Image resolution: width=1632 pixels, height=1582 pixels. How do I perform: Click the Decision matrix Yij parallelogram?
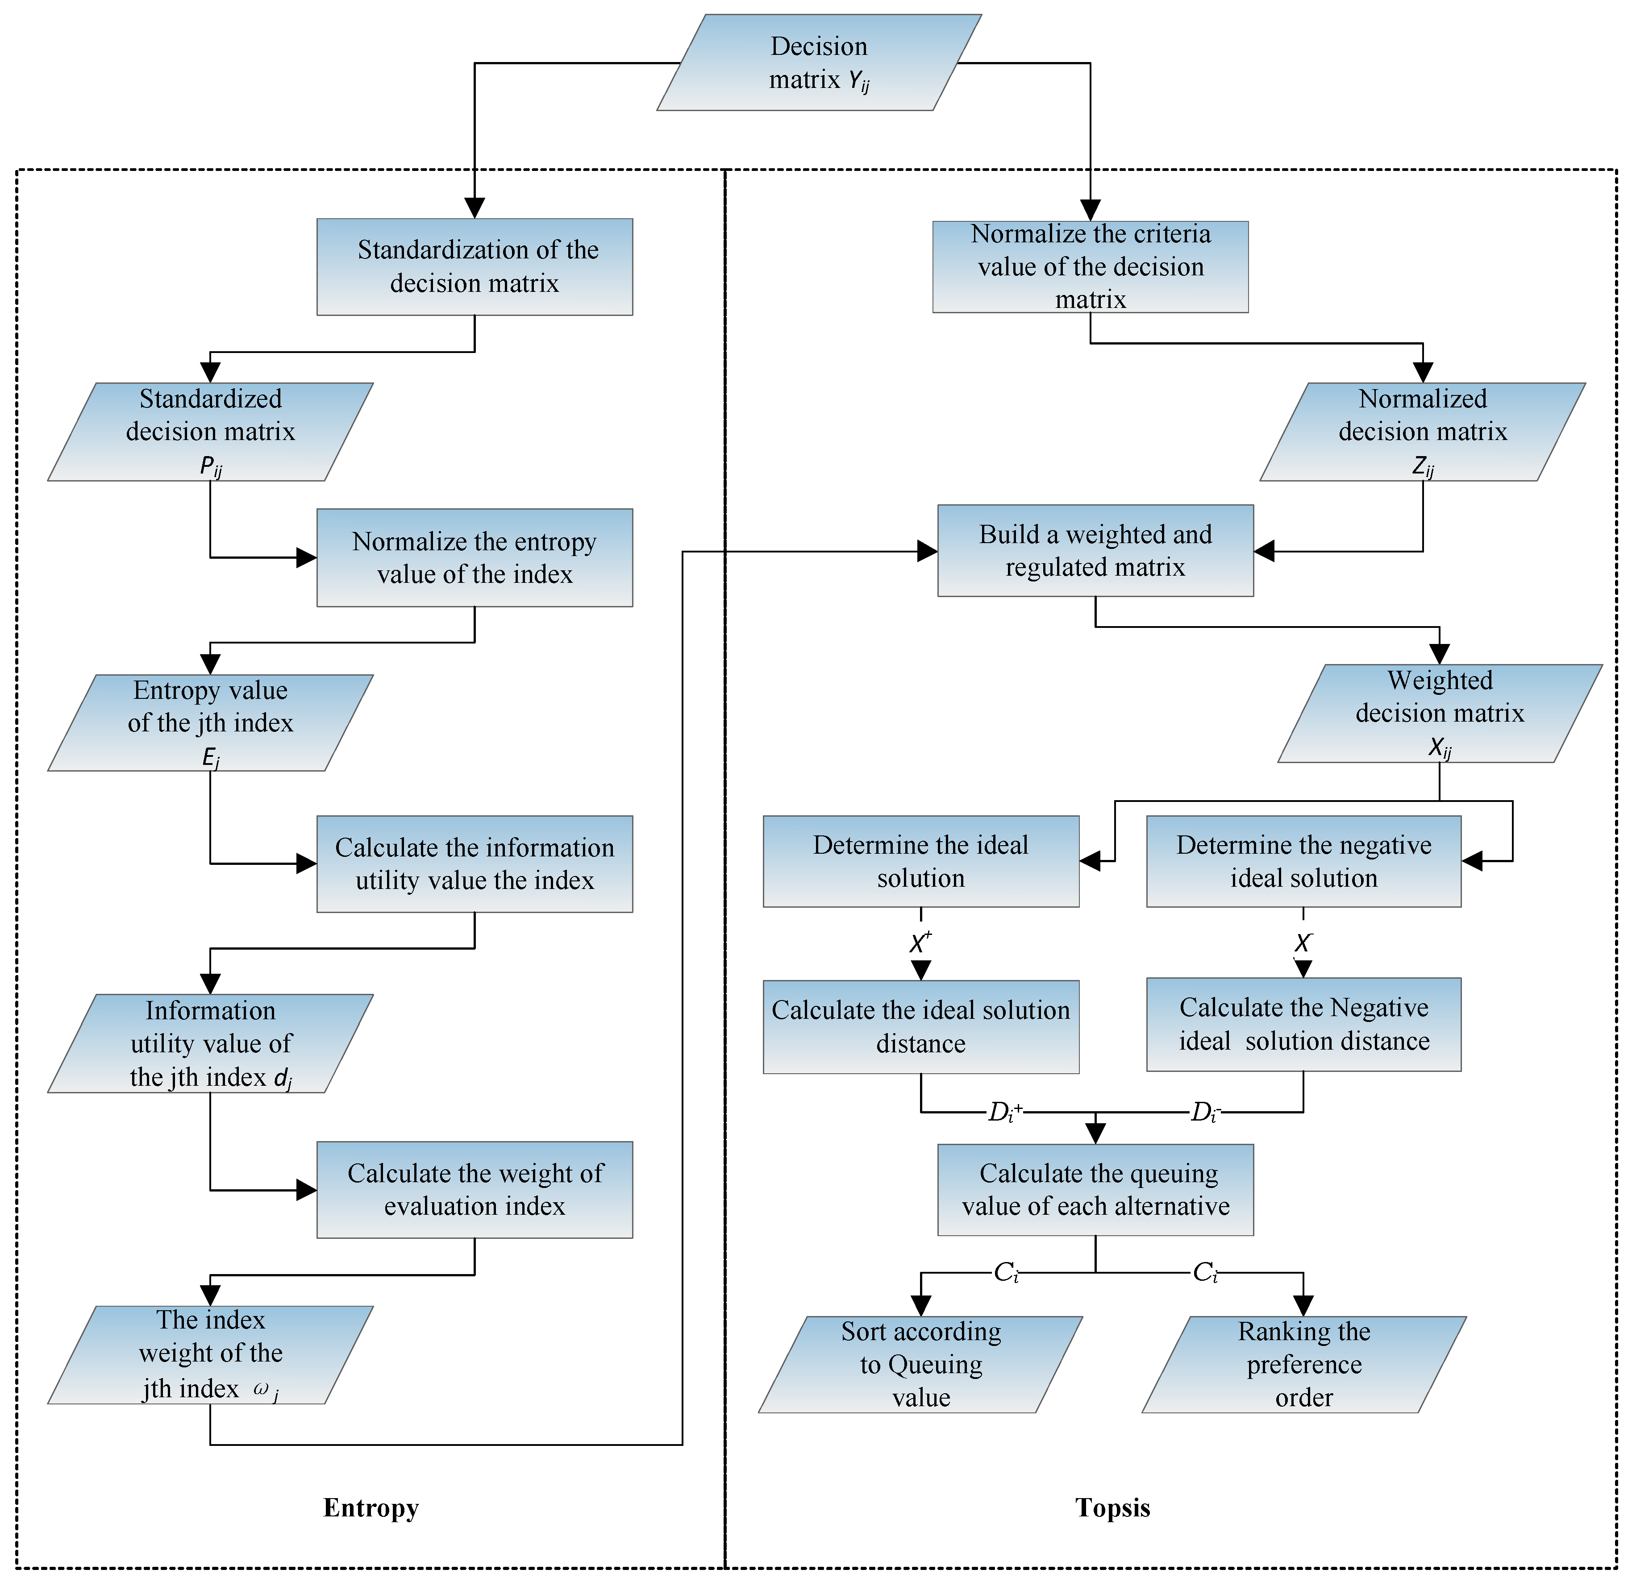pos(819,62)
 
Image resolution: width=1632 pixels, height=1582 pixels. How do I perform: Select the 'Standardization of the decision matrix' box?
pos(475,266)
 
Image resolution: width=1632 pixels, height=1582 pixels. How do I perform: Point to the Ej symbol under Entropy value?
pos(211,757)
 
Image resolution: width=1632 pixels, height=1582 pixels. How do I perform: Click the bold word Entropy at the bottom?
pos(371,1508)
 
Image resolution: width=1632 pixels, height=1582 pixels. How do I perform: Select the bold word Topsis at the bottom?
pos(1112,1508)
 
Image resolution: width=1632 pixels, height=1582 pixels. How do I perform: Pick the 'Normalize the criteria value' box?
pos(1090,266)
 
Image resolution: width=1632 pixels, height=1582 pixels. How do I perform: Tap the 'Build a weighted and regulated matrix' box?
pos(1095,550)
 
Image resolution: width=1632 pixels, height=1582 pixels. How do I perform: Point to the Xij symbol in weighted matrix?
pos(1440,747)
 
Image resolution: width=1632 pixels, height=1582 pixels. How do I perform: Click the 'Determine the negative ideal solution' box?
pos(1303,861)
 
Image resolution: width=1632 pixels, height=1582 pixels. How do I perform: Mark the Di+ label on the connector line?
pos(1004,1113)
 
